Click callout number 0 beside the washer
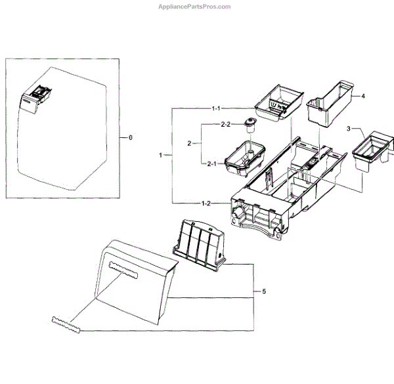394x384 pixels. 131,138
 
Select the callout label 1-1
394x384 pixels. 216,108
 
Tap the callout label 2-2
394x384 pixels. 225,124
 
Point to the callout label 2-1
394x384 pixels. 211,163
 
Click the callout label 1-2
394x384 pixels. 205,203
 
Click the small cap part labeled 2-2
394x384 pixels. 250,123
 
